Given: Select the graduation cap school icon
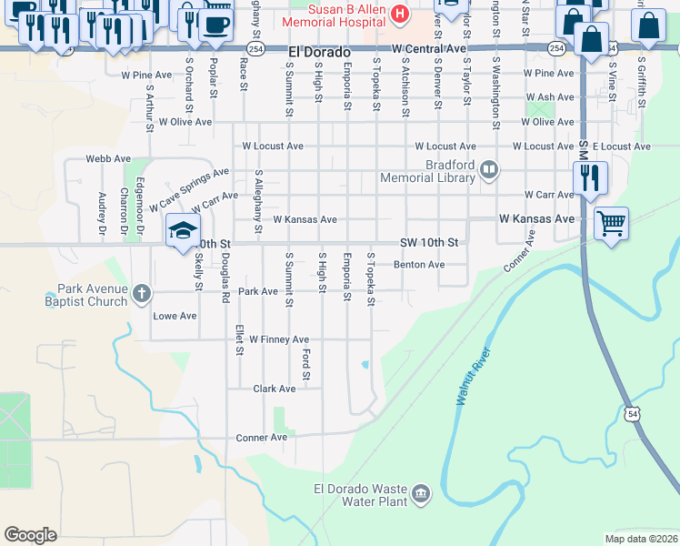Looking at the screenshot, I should click(x=183, y=230).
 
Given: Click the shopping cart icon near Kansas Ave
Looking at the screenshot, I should click(x=611, y=221).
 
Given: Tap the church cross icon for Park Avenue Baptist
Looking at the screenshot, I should click(x=140, y=293).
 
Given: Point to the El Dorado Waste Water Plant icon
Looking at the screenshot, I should click(x=420, y=493).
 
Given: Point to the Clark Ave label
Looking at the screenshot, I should click(x=274, y=389).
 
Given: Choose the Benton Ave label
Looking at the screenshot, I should click(x=418, y=265).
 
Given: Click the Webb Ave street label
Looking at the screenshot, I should click(x=104, y=158).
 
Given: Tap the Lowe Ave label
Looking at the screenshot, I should click(x=175, y=316).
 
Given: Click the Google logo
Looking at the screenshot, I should click(x=30, y=534).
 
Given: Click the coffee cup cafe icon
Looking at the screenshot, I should click(x=215, y=23).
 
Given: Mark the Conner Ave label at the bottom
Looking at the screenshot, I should click(x=262, y=438).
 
